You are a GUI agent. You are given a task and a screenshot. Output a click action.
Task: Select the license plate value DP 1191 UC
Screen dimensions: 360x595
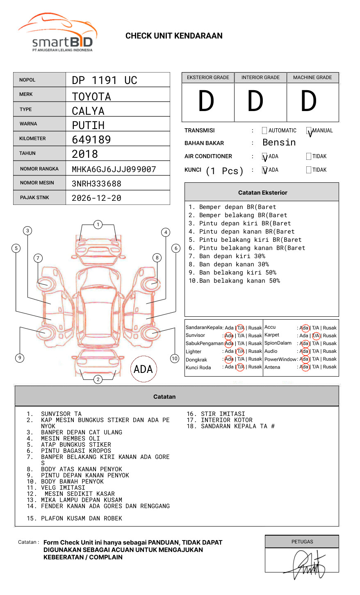[x=105, y=80]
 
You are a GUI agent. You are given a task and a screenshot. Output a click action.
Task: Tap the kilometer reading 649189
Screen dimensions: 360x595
[x=91, y=139]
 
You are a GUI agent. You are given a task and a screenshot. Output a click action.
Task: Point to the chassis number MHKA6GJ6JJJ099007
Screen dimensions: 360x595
[x=114, y=169]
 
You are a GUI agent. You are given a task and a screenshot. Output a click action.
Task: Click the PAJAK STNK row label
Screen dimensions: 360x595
[x=34, y=198]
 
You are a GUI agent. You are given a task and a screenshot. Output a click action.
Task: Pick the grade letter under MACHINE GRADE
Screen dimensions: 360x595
[x=308, y=101]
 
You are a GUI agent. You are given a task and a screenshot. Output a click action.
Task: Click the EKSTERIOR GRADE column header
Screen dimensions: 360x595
[x=208, y=77]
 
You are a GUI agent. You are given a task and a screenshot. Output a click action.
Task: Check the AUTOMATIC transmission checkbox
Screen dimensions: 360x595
[x=264, y=130]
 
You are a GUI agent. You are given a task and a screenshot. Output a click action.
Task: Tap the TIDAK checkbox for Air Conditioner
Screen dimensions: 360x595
[x=309, y=156]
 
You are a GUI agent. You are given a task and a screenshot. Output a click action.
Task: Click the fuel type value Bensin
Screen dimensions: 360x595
[x=279, y=143]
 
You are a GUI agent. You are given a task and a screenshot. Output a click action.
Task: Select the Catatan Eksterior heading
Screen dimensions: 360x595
[x=263, y=193]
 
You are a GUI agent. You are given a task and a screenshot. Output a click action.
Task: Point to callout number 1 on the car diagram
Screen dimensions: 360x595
[x=98, y=225]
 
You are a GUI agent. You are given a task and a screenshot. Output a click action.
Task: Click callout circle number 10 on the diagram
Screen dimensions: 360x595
[x=174, y=359]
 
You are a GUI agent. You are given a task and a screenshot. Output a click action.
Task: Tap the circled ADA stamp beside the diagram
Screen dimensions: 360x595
[x=144, y=369]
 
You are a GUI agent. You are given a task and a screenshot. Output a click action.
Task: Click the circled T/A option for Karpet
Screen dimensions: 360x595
[x=316, y=336]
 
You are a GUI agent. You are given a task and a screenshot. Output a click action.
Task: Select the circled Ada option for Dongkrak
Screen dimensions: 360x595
[x=229, y=359]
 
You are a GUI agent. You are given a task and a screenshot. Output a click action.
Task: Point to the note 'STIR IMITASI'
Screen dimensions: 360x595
[x=223, y=414]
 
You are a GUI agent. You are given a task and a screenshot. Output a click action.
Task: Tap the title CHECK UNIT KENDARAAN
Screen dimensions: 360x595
[x=174, y=36]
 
